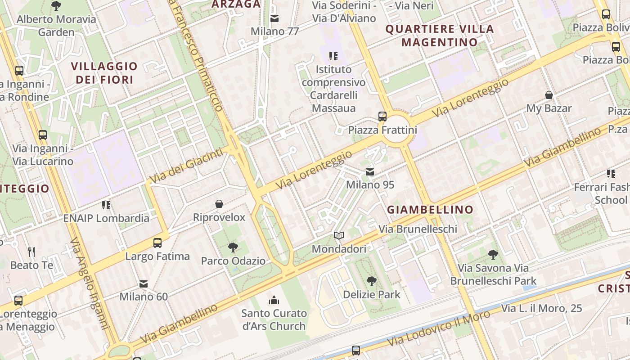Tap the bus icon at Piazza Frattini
pyautogui.click(x=382, y=117)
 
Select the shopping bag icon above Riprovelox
pyautogui.click(x=219, y=204)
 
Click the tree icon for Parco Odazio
pyautogui.click(x=233, y=247)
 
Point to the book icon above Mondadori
pyautogui.click(x=339, y=235)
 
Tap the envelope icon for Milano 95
pyautogui.click(x=370, y=172)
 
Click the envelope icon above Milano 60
pyautogui.click(x=144, y=284)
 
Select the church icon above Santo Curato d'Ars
pyautogui.click(x=274, y=300)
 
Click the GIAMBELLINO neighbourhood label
pyautogui.click(x=430, y=210)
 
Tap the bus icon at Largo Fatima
pyautogui.click(x=157, y=243)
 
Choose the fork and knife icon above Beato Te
pyautogui.click(x=31, y=252)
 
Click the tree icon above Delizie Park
pyautogui.click(x=371, y=281)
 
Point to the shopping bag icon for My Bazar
pyautogui.click(x=549, y=95)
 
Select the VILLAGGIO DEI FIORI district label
pyautogui.click(x=104, y=73)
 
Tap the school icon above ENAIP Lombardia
pyautogui.click(x=106, y=205)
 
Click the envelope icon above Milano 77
pyautogui.click(x=274, y=18)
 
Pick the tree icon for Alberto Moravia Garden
pyautogui.click(x=56, y=6)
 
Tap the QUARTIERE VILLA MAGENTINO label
pyautogui.click(x=440, y=36)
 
